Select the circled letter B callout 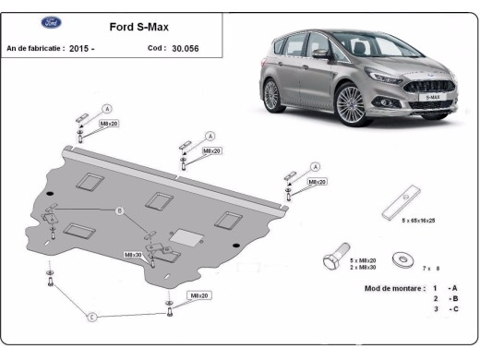click(x=118, y=211)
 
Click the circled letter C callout click(x=91, y=318)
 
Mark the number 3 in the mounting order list click(x=435, y=309)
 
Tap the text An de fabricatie click(x=35, y=48)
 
